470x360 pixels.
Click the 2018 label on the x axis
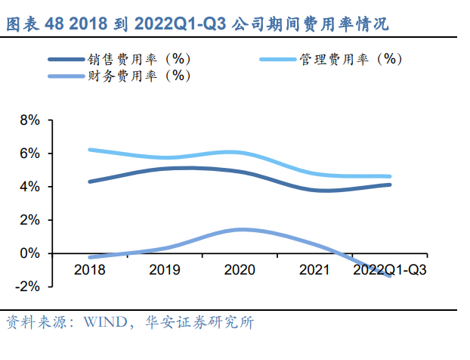(x=89, y=269)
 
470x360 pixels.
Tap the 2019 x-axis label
(x=165, y=269)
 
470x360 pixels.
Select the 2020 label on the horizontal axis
(x=240, y=269)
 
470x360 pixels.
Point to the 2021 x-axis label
(x=316, y=269)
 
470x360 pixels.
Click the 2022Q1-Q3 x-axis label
(x=390, y=269)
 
